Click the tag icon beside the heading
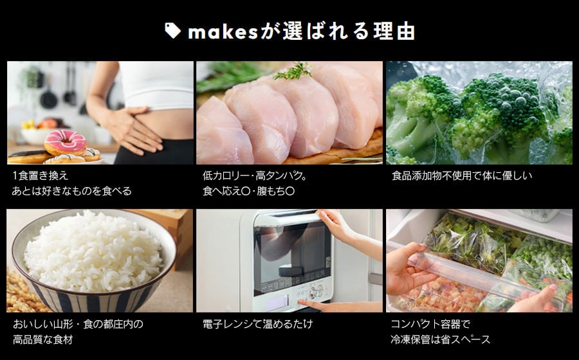(172, 31)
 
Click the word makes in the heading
(223, 32)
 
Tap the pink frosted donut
(66, 142)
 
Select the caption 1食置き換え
(41, 175)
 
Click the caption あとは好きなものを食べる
(71, 191)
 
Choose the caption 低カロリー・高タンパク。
(255, 175)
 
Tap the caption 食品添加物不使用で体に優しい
(462, 175)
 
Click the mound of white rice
(93, 251)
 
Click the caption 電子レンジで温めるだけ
(258, 324)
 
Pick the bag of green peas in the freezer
(540, 258)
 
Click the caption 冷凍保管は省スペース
(441, 339)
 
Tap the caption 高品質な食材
(43, 339)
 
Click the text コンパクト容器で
(430, 324)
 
